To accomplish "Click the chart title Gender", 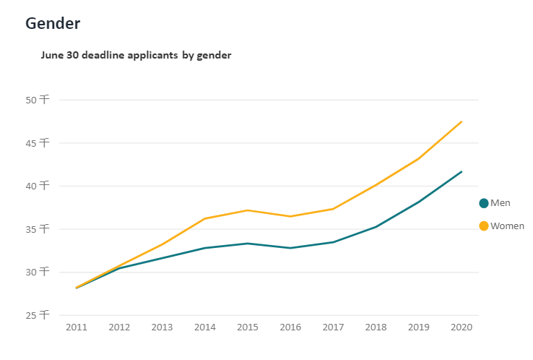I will point(53,23).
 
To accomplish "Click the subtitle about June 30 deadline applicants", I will point(136,55).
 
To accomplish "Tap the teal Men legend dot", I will point(484,203).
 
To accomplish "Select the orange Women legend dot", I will point(484,226).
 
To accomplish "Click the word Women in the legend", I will point(507,226).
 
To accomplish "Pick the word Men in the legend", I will point(500,203).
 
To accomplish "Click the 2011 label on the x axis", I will point(77,327).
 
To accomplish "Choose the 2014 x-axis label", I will point(205,327).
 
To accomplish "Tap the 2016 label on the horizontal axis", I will point(290,327).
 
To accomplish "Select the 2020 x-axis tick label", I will point(461,327).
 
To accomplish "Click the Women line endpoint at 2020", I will point(461,121).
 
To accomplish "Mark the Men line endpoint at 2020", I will point(461,171).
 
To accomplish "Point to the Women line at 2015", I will point(248,210).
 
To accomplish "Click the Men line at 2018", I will point(376,227).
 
